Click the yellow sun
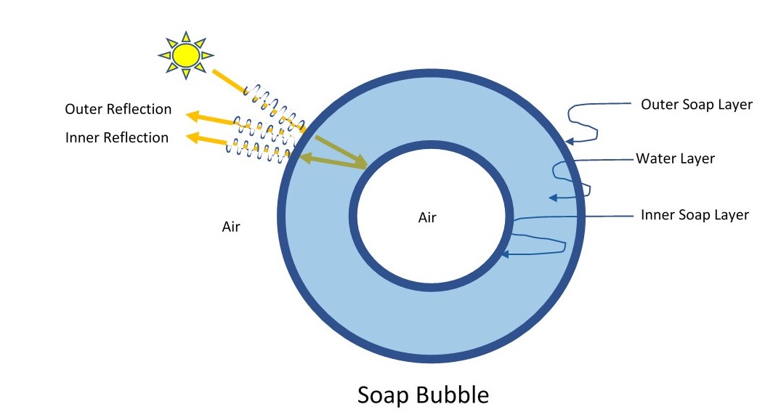point(185,55)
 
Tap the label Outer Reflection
point(118,110)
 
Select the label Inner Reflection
point(116,137)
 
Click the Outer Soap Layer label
point(696,105)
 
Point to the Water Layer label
point(675,158)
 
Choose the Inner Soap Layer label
point(694,215)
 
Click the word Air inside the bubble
point(427,217)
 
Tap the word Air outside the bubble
point(231,227)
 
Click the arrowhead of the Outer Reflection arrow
point(191,114)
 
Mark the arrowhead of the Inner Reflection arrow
point(191,136)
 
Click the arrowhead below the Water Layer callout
point(553,197)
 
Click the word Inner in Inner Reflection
point(81,137)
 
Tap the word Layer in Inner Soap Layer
point(730,215)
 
